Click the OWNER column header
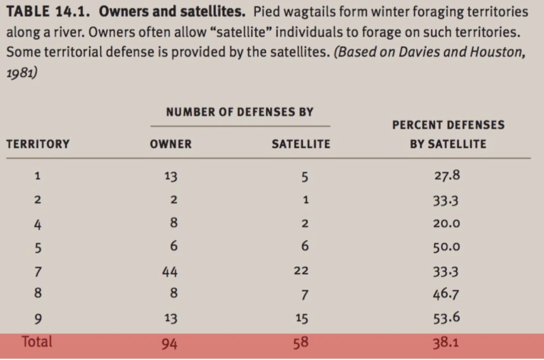pos(171,144)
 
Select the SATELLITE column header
pos(301,144)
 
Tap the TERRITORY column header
pos(38,144)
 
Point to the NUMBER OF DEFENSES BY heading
pos(239,112)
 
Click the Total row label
pos(37,342)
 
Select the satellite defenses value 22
pos(301,271)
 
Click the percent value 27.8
pos(446,176)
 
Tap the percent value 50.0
pos(446,247)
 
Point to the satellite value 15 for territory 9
pos(301,318)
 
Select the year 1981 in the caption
pos(22,74)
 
